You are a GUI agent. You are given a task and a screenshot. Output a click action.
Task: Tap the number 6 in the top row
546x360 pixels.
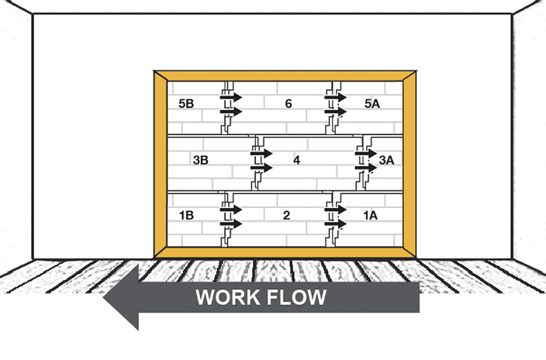288,103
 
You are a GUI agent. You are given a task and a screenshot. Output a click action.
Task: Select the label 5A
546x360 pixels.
373,103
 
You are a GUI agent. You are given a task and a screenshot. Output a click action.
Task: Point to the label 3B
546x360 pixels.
200,160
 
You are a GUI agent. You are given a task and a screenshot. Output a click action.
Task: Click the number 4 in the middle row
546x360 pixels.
296,160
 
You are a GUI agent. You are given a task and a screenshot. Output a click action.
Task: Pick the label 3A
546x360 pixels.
387,160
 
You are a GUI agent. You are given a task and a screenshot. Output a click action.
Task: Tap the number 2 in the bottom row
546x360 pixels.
286,216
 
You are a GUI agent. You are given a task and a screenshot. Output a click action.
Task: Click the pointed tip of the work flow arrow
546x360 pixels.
105,297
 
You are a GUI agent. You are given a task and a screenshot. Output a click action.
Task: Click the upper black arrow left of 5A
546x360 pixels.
336,98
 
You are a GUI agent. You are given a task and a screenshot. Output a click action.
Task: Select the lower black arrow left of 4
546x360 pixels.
261,168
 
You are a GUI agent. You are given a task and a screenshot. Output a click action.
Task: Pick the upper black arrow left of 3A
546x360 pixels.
366,154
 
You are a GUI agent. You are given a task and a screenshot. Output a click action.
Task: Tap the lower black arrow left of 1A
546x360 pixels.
336,223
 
